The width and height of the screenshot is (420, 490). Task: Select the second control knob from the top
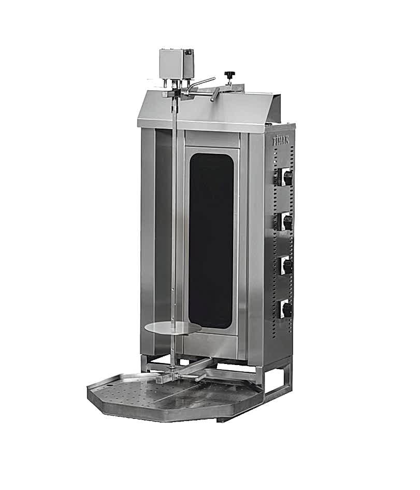(x=286, y=222)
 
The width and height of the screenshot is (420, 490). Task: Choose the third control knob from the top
(x=286, y=266)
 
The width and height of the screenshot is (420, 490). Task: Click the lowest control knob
(x=286, y=310)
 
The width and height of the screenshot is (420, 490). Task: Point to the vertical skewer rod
(x=176, y=218)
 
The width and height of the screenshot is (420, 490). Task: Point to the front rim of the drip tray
(x=155, y=410)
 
